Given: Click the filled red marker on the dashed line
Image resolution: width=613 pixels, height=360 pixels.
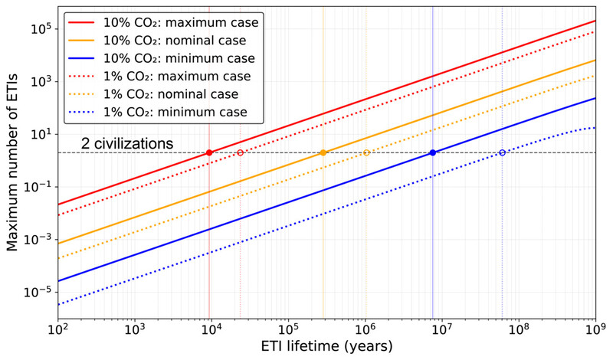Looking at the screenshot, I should [x=209, y=153].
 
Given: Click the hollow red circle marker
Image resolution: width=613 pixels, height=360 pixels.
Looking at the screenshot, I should [x=240, y=153].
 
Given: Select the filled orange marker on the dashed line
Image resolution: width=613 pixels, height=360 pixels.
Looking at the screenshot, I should [x=323, y=153].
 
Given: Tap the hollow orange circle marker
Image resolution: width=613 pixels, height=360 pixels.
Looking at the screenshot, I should [x=366, y=153].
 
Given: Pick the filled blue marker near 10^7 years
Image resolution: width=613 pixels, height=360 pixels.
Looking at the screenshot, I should [x=433, y=153].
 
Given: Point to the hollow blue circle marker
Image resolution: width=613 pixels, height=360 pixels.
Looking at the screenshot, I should [x=503, y=153].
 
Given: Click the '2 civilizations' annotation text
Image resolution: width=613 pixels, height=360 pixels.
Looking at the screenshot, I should [x=126, y=143].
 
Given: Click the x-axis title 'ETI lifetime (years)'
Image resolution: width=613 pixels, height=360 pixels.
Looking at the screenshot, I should [x=326, y=346].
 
